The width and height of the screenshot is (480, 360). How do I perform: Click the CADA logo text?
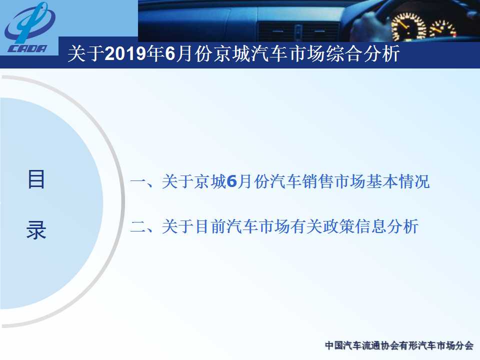click(x=27, y=48)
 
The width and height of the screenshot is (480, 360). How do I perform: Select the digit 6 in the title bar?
click(x=170, y=53)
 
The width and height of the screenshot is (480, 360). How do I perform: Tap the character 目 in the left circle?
click(x=36, y=179)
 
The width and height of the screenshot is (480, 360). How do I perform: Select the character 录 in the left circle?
click(x=36, y=230)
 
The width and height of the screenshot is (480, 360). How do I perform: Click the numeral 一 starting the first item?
click(x=138, y=182)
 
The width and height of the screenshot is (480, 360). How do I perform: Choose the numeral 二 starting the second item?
click(x=138, y=227)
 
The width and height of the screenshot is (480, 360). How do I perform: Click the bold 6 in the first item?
click(x=232, y=181)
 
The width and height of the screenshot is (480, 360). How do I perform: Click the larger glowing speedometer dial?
click(x=409, y=26)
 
